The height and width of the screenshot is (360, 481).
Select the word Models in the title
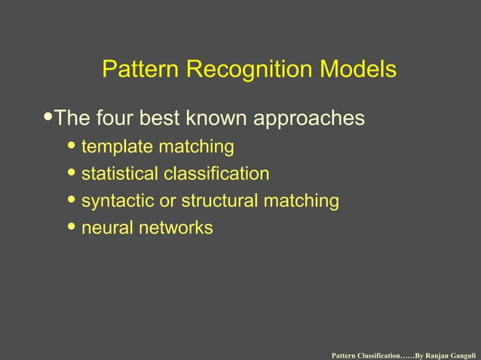pos(358,70)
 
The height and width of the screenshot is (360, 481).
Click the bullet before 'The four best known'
pos(49,117)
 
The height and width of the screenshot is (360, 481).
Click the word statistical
pos(119,174)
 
